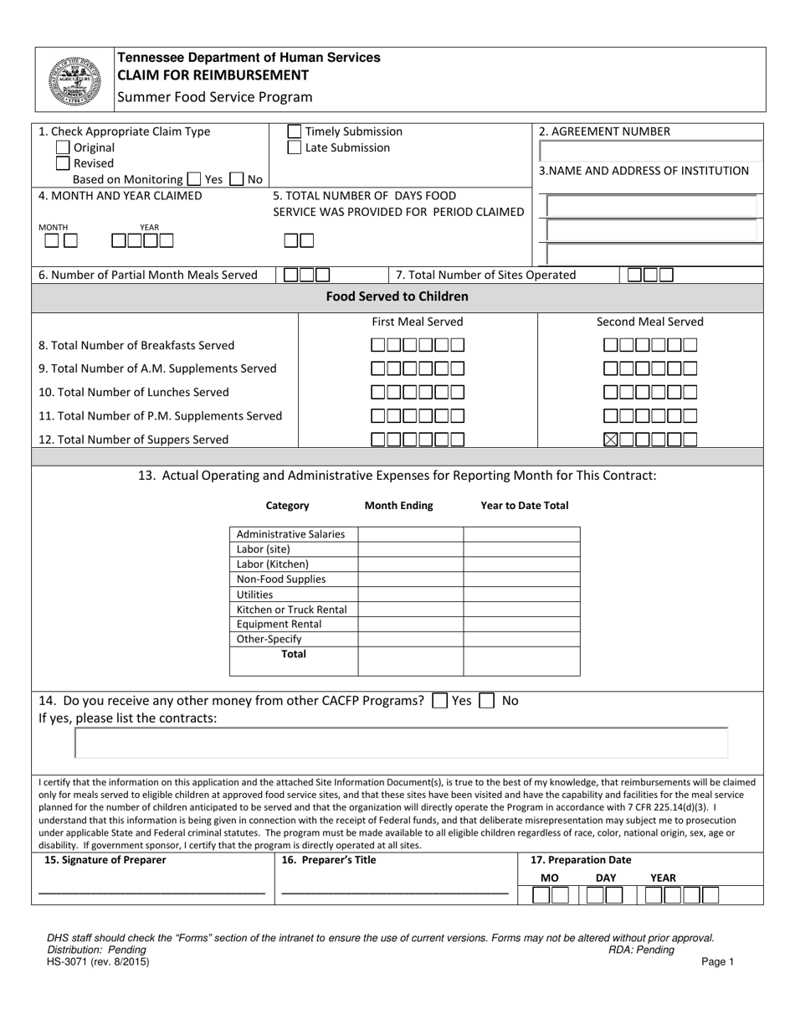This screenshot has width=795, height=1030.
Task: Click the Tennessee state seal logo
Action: [74, 80]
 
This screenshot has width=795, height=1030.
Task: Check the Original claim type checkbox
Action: [63, 147]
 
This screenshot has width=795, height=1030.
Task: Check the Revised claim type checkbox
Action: [63, 163]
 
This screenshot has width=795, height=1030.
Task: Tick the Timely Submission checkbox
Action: [294, 131]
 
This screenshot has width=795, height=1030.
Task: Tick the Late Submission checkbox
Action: [294, 147]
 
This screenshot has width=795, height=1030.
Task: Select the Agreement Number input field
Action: [650, 151]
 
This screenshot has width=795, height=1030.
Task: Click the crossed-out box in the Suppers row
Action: [611, 439]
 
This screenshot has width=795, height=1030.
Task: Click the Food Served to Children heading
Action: [397, 296]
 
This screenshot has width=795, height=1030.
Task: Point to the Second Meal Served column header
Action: [649, 322]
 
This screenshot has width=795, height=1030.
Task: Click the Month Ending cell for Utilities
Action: [410, 595]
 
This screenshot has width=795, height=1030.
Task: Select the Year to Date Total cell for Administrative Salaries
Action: [521, 534]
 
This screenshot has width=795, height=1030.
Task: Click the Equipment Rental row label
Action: [279, 625]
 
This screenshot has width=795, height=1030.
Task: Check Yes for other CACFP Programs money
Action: [439, 701]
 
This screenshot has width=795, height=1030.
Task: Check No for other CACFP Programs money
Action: [486, 701]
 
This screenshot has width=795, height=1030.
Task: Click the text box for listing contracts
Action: [402, 743]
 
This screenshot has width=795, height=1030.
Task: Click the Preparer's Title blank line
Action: [394, 893]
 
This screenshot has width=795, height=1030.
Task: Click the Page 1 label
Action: [717, 963]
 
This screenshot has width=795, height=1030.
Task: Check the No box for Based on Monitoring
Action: [236, 178]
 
